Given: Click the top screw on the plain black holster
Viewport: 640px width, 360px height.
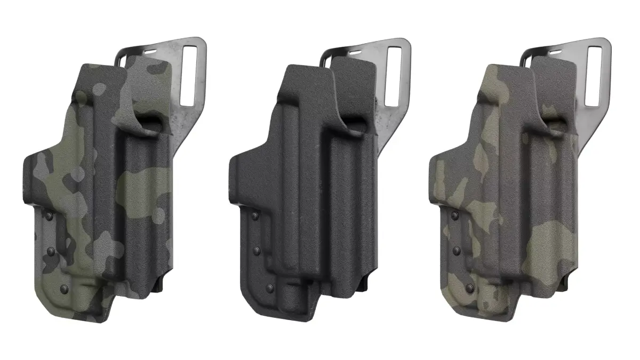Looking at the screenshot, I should pos(254,215).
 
